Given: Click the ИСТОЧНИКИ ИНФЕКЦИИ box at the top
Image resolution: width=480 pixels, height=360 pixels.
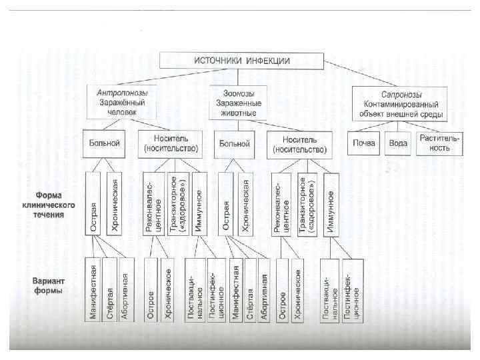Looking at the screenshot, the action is point(241,60).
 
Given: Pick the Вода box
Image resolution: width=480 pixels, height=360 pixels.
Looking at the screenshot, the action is point(399,143).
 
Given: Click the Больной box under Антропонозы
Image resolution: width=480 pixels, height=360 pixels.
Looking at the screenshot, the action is point(104,143).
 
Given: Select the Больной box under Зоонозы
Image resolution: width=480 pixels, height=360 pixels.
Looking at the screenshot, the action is point(233,143).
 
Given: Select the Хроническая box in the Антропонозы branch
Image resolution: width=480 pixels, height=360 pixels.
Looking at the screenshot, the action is point(115,204).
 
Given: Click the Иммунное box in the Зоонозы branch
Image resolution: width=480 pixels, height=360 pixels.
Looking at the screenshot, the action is point(331,204).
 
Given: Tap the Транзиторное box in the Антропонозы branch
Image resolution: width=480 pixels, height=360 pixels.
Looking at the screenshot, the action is point(177,204).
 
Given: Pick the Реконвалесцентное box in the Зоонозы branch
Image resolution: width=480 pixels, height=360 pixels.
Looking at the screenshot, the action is point(281,204).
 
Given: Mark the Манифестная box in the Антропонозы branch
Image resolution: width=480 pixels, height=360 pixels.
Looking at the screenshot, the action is point(94,293).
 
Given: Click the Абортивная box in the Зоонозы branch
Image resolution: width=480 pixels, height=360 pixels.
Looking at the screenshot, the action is point(265,293).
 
